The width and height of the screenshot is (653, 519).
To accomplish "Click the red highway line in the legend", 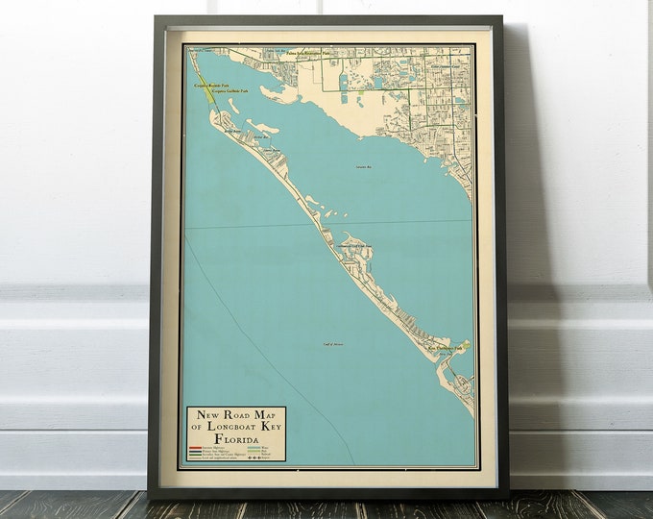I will [195, 447].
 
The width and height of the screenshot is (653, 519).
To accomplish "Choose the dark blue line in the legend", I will [195, 451].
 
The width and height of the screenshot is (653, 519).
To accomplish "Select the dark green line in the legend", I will [195, 455].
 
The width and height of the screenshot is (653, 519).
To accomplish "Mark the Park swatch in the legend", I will [254, 451].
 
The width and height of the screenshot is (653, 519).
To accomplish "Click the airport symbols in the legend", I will [255, 458].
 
